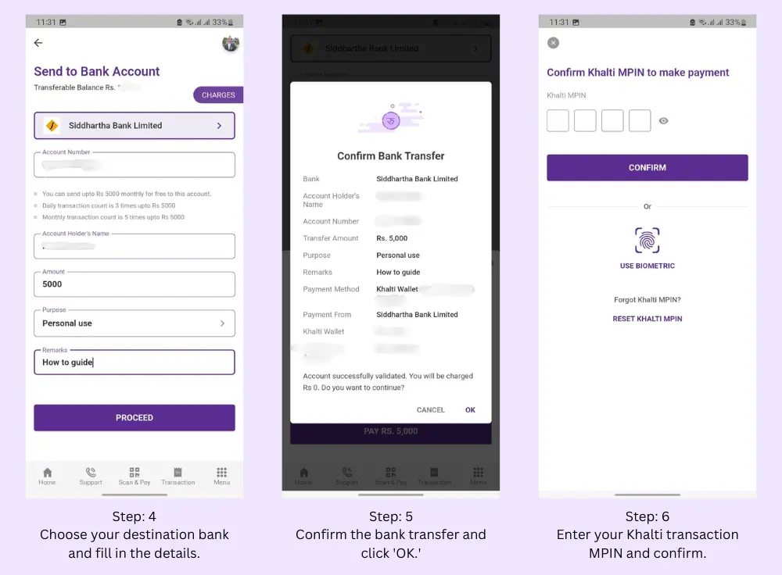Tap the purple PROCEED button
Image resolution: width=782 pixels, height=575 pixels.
(135, 418)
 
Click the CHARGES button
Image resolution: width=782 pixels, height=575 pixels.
(218, 95)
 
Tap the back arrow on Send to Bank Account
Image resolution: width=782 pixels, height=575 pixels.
(38, 43)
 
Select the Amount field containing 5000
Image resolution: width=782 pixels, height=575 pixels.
(135, 284)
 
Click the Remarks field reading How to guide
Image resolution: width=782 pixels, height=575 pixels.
(135, 362)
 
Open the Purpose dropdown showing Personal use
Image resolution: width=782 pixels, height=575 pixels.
(135, 323)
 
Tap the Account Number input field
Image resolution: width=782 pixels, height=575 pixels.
(135, 165)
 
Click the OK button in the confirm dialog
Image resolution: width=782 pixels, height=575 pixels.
(470, 410)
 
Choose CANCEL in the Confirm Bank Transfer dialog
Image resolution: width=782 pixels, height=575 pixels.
(430, 410)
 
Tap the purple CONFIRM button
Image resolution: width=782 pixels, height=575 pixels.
(647, 168)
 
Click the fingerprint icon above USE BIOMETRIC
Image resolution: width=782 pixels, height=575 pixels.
(647, 241)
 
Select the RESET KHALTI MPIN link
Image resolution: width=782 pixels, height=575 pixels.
(647, 319)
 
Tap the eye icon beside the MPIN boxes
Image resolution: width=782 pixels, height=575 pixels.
(664, 121)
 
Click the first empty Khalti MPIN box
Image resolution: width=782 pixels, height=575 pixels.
(558, 121)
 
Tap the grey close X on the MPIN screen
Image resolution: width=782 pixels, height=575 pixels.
(554, 43)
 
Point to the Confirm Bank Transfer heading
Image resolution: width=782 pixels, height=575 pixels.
(391, 155)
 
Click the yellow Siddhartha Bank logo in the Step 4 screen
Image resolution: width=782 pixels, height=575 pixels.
(52, 126)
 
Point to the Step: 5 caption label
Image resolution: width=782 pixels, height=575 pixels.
(391, 516)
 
